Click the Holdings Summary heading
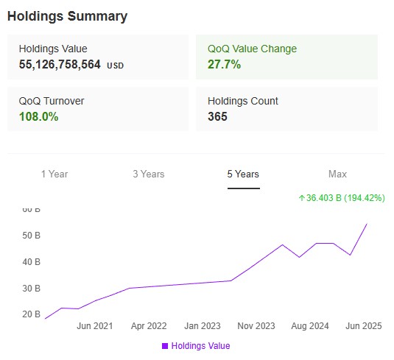point(67,16)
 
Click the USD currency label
point(116,66)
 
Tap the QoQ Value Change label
point(251,49)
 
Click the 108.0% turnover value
point(38,116)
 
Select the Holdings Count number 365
point(217,116)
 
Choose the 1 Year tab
point(54,174)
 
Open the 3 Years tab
point(149,174)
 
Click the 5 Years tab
point(243,174)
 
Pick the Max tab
point(337,174)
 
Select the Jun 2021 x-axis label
point(94,326)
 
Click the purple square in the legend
point(165,345)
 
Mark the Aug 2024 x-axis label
point(310,326)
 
